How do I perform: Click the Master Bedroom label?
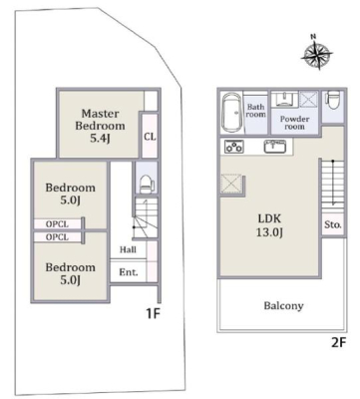coord(100,126)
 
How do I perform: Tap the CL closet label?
coord(150,137)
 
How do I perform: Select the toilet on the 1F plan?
coord(147,184)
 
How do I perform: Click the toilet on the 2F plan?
coord(333,102)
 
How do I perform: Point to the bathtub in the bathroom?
coord(232,112)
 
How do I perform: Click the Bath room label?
coord(256,111)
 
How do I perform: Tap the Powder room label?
coord(294,123)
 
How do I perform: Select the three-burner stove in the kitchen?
coord(234,147)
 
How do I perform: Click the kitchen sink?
coord(275,146)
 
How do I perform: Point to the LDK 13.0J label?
coord(269,225)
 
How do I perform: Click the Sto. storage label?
coord(333,224)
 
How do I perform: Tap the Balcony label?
coord(283,306)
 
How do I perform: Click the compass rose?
coord(317,55)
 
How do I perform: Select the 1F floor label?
coord(154,313)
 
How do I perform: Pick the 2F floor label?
coord(339,342)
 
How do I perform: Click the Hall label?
coord(128,249)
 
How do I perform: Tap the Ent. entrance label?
coord(129,272)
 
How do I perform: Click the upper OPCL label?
coord(57,224)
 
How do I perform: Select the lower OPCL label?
coord(57,237)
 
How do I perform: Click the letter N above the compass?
coord(313,37)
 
